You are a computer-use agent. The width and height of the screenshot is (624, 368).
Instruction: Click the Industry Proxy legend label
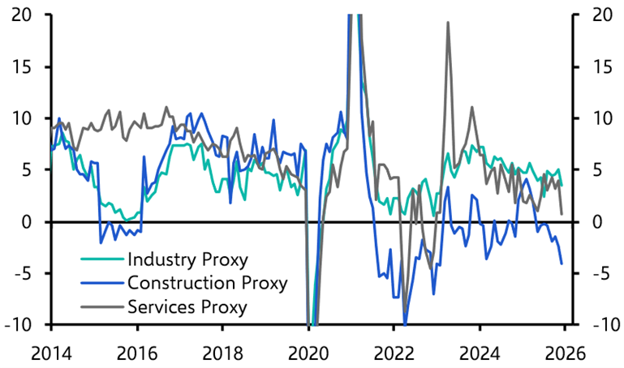[187, 260]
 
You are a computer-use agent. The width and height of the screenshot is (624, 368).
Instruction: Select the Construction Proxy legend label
[207, 283]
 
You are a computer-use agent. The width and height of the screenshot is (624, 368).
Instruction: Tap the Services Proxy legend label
[187, 306]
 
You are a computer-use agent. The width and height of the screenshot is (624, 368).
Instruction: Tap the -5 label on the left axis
[24, 273]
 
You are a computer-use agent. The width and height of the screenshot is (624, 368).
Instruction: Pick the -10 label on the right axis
[597, 325]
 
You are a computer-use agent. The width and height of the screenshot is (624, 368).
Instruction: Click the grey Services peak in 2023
[448, 23]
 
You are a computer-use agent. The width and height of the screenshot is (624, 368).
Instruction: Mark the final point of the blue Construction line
[562, 263]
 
